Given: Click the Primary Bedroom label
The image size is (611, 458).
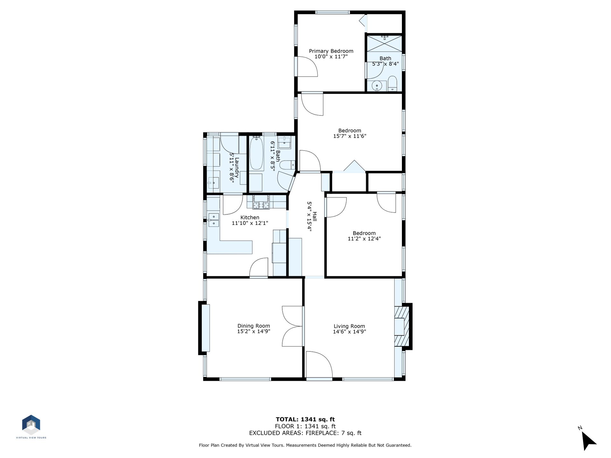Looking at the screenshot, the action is coord(331,51).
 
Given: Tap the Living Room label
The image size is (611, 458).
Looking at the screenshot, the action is coord(349,326).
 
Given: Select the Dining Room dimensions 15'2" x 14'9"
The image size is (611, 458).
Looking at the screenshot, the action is coord(254,331).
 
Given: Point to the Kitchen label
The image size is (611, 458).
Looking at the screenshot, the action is coord(250,218).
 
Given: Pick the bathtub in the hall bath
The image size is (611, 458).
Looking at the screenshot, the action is coord(256,154).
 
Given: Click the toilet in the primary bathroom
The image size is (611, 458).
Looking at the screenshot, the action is coord(392,84).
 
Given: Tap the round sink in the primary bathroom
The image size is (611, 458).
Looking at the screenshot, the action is coord(377,86).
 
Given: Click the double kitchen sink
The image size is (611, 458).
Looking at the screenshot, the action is coord(214,220).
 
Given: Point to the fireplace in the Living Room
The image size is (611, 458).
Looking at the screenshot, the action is coord(402,326).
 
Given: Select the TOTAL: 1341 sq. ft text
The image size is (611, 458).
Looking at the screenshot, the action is coord(305,420).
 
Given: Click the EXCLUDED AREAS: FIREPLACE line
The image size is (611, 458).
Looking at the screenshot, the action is coord(305,433).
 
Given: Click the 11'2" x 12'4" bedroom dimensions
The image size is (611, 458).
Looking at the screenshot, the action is coord(364,239).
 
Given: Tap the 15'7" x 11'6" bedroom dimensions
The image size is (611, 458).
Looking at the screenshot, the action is coord(350,136).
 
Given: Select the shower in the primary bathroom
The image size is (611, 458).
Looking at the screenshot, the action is coord(385,44).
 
